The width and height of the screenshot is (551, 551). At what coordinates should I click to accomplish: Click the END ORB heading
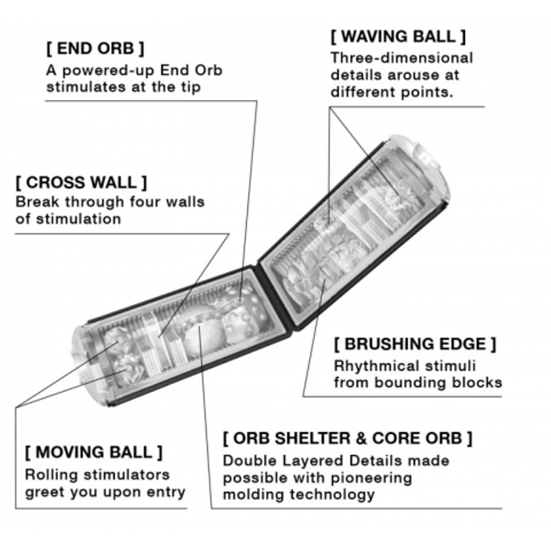tap(95, 48)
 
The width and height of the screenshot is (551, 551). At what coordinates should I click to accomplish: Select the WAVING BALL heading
tap(398, 36)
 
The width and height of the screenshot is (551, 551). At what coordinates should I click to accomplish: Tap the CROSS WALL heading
tap(81, 182)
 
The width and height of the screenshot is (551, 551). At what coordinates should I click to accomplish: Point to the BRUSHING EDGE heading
tap(415, 344)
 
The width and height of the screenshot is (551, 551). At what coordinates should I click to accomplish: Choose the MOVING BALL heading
tap(94, 452)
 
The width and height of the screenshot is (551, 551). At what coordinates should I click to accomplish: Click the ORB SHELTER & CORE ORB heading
tap(348, 438)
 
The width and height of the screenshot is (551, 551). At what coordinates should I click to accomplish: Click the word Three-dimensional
tap(402, 58)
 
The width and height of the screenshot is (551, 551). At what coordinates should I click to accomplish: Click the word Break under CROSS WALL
tap(37, 202)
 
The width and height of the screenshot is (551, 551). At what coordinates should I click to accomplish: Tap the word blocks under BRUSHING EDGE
tap(477, 383)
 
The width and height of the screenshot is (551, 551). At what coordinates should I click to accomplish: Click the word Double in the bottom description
tap(249, 461)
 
